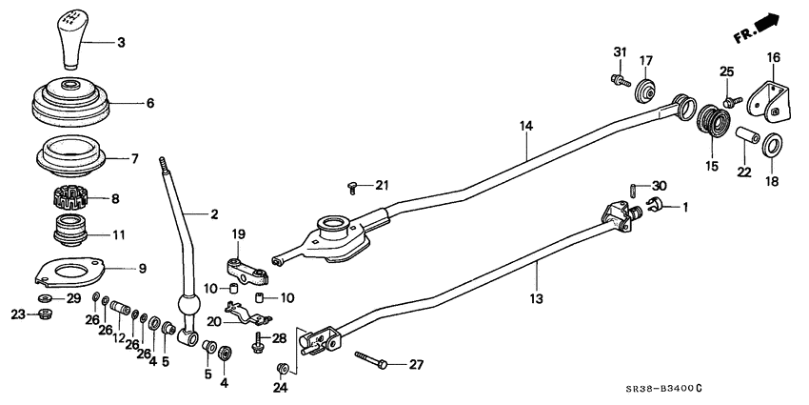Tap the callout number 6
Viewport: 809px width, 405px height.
[149, 103]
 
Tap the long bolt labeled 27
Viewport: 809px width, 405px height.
[372, 361]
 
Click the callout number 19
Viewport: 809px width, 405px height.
[239, 233]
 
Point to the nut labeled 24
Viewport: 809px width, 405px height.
[282, 369]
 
